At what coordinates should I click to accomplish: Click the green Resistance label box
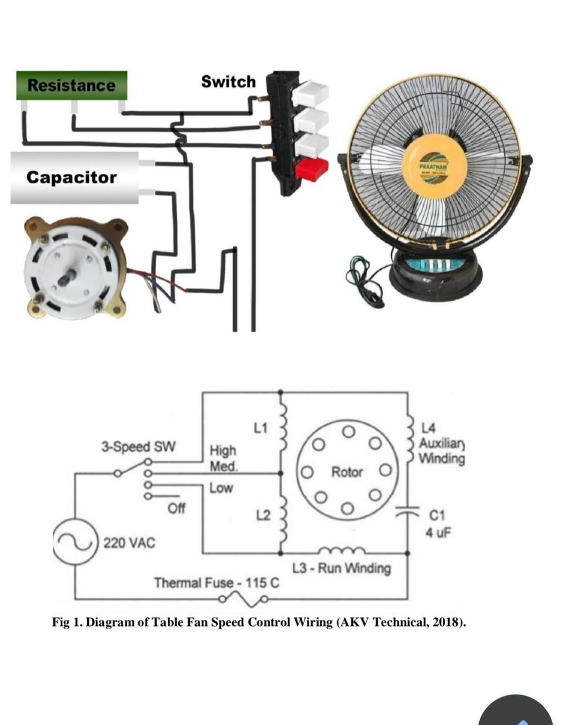pos(71,85)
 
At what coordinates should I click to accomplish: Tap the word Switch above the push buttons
pos(228,81)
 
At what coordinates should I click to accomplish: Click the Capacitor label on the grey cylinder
pos(71,177)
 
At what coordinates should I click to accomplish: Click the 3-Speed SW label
pos(138,446)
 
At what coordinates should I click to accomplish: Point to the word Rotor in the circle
pos(347,472)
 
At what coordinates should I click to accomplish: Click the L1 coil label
pos(261,427)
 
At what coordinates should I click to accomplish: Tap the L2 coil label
pos(263,515)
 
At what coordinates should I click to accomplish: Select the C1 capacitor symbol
pos(407,513)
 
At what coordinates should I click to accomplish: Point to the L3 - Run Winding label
pos(341,568)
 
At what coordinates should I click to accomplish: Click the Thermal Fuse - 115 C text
pos(216,582)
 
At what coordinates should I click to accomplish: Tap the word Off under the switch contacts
pos(176,508)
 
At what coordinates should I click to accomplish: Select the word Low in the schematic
pos(221,488)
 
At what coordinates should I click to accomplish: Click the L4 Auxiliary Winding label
pos(441,443)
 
